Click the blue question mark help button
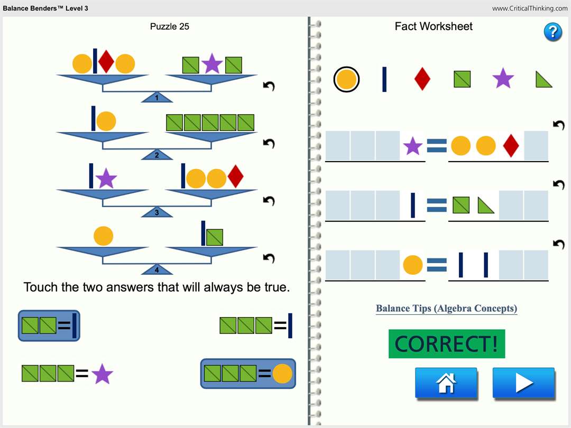[552, 32]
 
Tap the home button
[446, 383]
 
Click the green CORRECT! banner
[447, 344]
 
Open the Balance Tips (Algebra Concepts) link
[446, 309]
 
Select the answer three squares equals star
[67, 374]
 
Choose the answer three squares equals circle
[248, 374]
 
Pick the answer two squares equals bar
[49, 326]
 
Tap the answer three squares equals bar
[256, 326]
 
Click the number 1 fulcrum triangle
[157, 98]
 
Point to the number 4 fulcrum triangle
[157, 270]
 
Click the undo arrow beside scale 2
[269, 144]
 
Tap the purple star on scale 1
[212, 64]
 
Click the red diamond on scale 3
[235, 177]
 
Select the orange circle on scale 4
[103, 236]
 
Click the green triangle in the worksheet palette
[544, 79]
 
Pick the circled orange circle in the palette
[346, 80]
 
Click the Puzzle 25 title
[170, 26]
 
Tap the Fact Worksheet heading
[434, 26]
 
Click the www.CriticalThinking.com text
[530, 8]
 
